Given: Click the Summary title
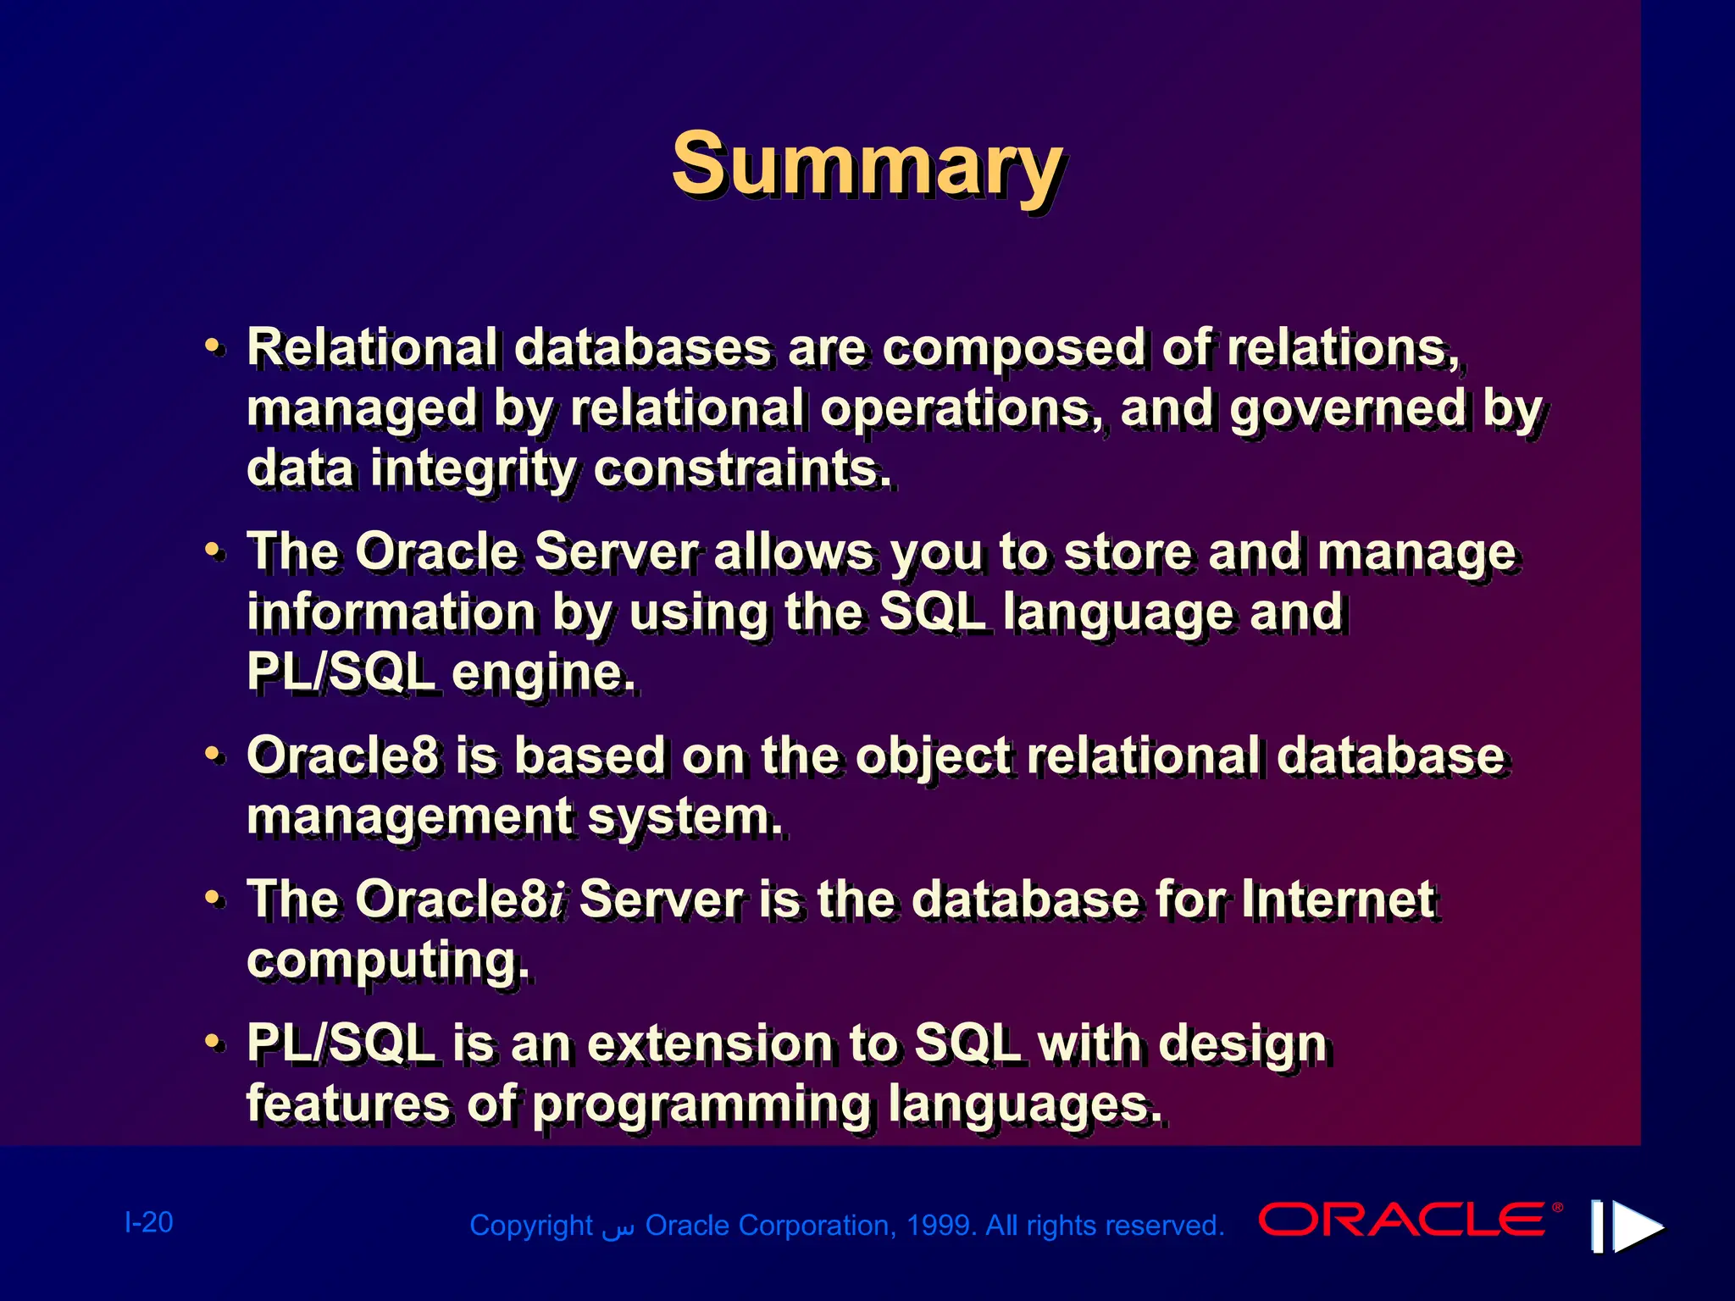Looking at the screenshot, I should (867, 165).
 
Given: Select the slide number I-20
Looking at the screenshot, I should (149, 1222).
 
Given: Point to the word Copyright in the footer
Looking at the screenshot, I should (530, 1226).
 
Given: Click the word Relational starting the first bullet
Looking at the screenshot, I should (372, 347).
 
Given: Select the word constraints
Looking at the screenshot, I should (742, 468).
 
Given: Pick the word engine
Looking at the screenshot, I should (542, 673).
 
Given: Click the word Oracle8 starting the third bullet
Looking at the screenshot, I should (342, 755).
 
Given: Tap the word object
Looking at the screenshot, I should (933, 756).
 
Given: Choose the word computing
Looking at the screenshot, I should (388, 961).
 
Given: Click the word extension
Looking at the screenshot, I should (709, 1043).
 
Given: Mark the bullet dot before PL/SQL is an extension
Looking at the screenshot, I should (215, 1043).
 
